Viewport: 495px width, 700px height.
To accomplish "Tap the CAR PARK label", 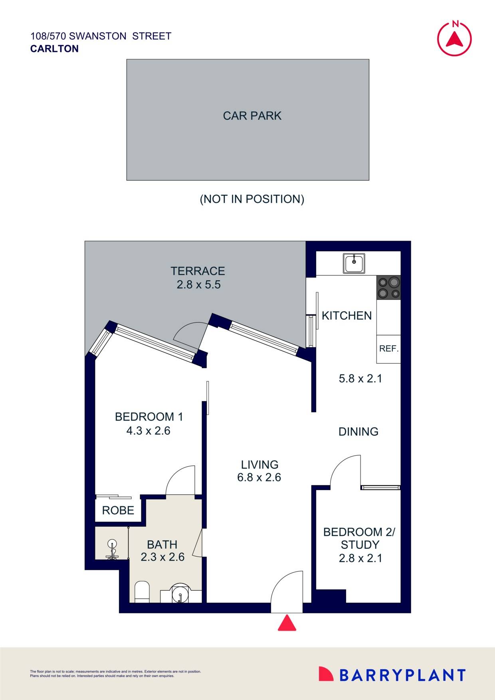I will (252, 116).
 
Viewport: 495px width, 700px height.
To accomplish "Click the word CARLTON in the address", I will (54, 49).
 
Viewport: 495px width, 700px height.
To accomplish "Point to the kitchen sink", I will (354, 264).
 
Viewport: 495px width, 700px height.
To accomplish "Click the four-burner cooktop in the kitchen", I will (388, 288).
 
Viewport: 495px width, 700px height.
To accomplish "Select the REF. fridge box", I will (388, 349).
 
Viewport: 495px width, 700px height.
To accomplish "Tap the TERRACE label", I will (198, 271).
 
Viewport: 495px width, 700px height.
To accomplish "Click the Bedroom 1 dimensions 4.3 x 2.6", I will (148, 431).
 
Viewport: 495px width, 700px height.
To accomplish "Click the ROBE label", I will (118, 510).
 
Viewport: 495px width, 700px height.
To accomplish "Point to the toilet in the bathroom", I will (142, 591).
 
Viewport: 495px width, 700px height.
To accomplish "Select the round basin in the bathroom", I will (181, 595).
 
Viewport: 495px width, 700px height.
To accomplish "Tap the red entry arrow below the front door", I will (287, 623).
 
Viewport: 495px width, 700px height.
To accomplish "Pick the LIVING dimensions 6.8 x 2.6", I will (259, 477).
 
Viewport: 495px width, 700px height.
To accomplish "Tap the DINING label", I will (358, 431).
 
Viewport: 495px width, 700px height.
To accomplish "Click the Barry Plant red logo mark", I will (326, 674).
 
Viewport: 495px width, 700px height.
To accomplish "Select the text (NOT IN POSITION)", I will (252, 199).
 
